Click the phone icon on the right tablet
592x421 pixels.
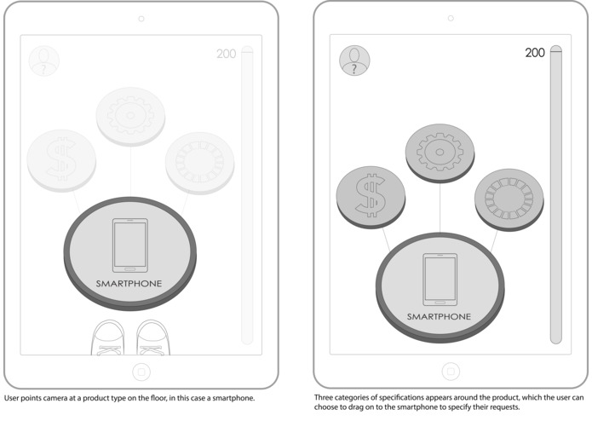pyautogui.click(x=440, y=280)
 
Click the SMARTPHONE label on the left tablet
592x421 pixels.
pyautogui.click(x=129, y=283)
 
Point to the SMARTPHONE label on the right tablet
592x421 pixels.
pyautogui.click(x=440, y=316)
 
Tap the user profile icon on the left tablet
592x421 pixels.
pyautogui.click(x=43, y=61)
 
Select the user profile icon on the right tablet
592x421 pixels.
pyautogui.click(x=354, y=60)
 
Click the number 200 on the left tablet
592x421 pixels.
pyautogui.click(x=226, y=55)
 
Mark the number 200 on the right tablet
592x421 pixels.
pyautogui.click(x=535, y=53)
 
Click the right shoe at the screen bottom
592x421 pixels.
pyautogui.click(x=152, y=338)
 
